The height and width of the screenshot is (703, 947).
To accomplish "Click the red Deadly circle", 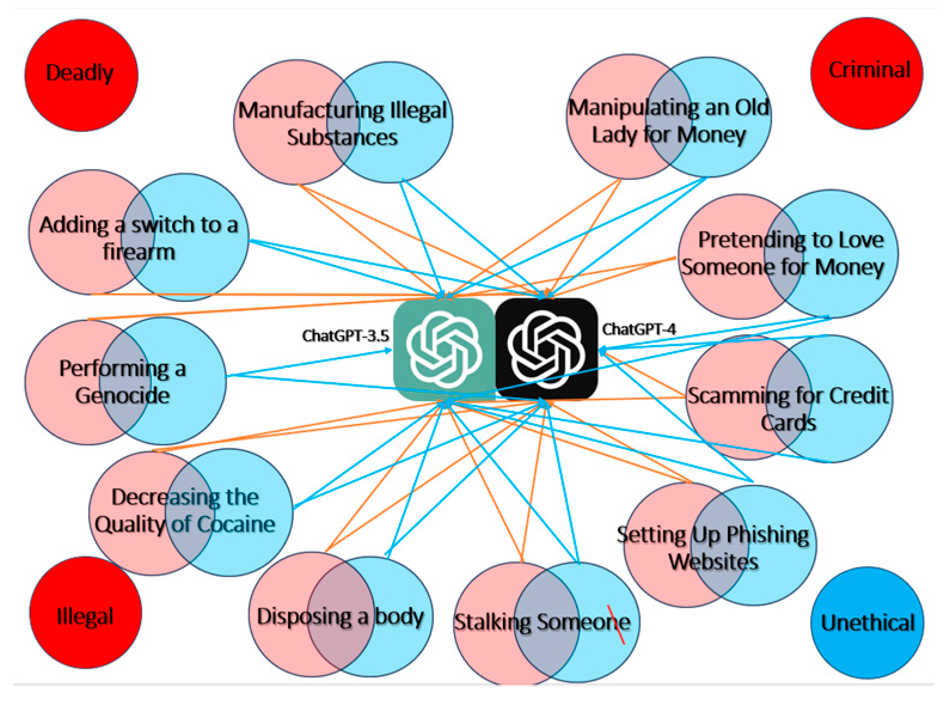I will pyautogui.click(x=81, y=75).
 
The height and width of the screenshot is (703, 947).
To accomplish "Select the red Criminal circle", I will pyautogui.click(x=867, y=72).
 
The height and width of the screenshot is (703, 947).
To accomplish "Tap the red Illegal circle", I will pyautogui.click(x=85, y=612).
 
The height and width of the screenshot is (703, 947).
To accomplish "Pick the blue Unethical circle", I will pyautogui.click(x=867, y=622).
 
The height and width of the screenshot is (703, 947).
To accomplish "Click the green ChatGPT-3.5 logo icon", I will pyautogui.click(x=444, y=349).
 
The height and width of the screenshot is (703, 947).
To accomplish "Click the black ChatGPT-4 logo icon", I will pyautogui.click(x=546, y=349).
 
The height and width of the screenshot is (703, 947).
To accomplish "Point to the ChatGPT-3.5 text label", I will pyautogui.click(x=345, y=336).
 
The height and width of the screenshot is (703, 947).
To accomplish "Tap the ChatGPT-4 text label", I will pyautogui.click(x=639, y=329).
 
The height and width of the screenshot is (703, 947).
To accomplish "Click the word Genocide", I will pyautogui.click(x=122, y=396).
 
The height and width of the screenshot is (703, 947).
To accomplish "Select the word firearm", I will pyautogui.click(x=139, y=252).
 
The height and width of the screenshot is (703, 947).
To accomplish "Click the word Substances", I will pyautogui.click(x=342, y=137).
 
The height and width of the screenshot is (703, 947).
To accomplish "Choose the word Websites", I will pyautogui.click(x=713, y=562).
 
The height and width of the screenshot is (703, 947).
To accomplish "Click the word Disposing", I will pyautogui.click(x=304, y=616).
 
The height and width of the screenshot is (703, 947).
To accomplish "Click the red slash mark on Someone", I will pyautogui.click(x=616, y=625).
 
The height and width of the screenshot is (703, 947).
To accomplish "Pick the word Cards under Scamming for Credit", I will pyautogui.click(x=788, y=423).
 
